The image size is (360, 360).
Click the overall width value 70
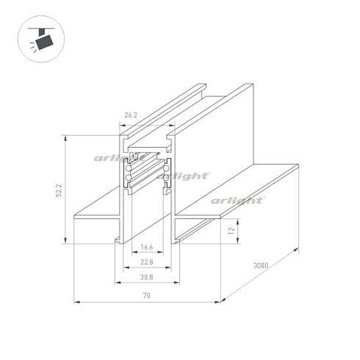(147, 295)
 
